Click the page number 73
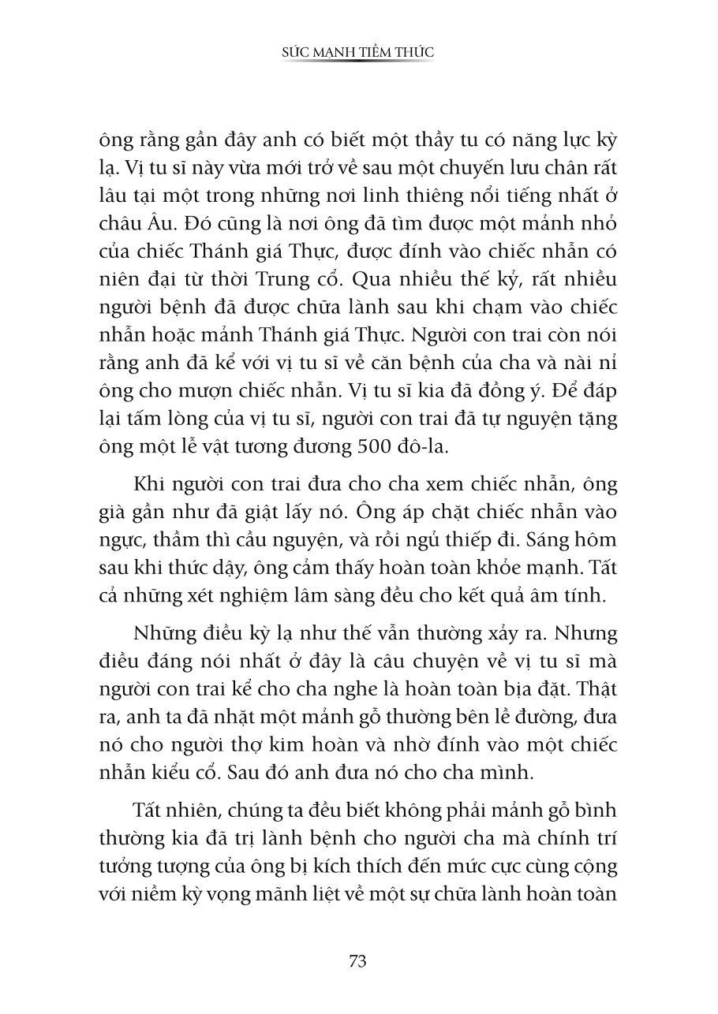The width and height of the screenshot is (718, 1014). point(357,961)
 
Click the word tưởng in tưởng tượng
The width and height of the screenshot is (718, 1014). point(148,867)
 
